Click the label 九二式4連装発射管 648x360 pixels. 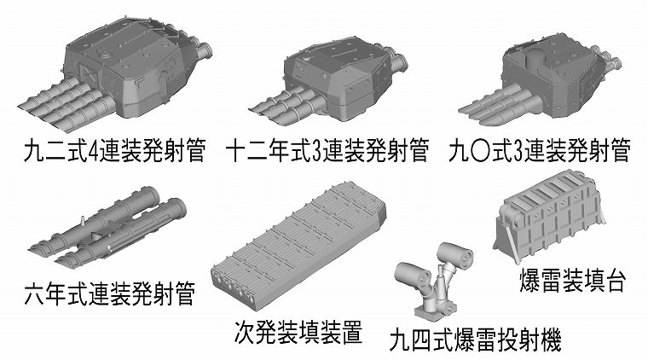[x=114, y=150]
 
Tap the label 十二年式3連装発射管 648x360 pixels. [x=327, y=150]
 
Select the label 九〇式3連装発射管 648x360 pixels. [x=540, y=150]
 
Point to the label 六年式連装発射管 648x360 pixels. [x=109, y=293]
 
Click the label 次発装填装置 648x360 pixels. [x=298, y=333]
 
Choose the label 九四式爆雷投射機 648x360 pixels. [x=475, y=340]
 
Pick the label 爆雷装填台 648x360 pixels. [x=572, y=281]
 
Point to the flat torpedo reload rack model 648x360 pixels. [x=298, y=246]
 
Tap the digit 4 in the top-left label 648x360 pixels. [x=94, y=151]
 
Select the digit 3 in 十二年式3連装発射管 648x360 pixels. [x=316, y=151]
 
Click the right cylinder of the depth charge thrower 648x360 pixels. [x=455, y=254]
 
